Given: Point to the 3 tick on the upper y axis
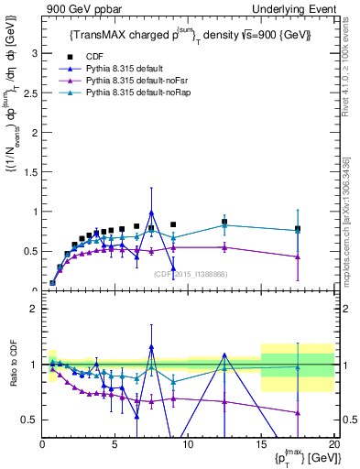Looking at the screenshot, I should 35,53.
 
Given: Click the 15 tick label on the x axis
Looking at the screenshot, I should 261,444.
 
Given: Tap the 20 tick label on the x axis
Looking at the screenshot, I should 333,444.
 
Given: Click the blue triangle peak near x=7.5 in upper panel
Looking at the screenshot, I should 151,213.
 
